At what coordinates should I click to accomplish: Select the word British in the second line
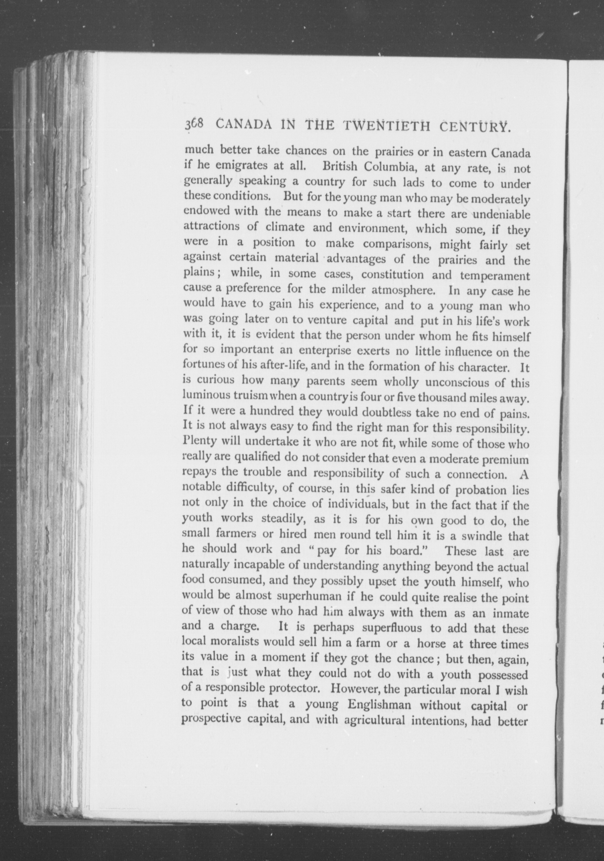pos(339,166)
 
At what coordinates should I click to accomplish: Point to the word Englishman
pos(379,705)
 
